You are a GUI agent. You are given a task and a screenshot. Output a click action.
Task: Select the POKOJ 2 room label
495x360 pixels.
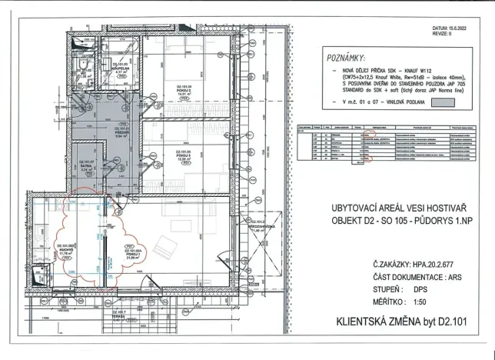(x=184, y=90)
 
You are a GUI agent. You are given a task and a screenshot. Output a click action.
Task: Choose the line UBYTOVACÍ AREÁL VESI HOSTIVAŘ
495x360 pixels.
(x=400, y=208)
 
